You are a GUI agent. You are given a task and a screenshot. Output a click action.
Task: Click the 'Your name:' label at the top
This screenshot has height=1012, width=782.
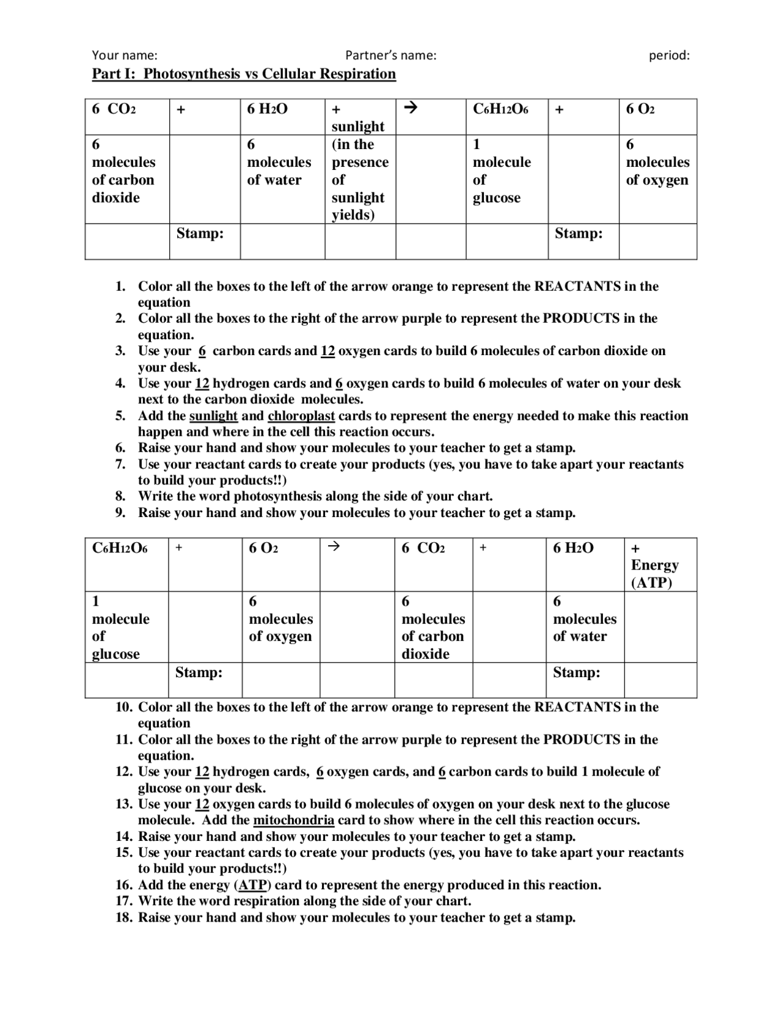pos(125,56)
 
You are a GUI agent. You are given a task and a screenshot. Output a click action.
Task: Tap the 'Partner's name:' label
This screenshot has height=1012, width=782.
pos(390,56)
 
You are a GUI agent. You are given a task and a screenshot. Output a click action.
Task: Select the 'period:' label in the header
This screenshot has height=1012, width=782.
pos(669,56)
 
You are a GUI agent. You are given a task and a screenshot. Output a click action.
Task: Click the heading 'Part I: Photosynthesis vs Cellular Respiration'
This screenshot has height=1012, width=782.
pos(244,74)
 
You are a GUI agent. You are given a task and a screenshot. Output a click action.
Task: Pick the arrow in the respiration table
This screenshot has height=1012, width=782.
pos(333,547)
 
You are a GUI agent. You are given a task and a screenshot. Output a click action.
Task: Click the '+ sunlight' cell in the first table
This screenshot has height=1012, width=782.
pos(358,118)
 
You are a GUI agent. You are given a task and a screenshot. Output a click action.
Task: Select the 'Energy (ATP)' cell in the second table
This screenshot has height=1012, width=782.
pos(654,565)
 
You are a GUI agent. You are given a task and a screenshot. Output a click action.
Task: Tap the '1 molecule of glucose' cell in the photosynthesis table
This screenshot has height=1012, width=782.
pos(501,171)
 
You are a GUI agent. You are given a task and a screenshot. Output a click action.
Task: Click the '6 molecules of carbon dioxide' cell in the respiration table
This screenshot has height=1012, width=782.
pos(433,628)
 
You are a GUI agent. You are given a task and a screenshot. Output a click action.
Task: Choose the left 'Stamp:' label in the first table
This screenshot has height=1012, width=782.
pos(200,233)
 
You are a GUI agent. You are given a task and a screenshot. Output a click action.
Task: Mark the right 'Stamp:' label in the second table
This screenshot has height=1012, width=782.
pos(576,673)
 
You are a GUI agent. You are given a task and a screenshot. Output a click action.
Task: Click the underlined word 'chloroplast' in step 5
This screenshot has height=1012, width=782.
pos(301,416)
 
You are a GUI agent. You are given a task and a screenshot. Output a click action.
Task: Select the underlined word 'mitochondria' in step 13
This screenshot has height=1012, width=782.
pos(293,820)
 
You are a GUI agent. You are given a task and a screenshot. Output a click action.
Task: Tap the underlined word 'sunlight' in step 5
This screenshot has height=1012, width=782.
pos(213,416)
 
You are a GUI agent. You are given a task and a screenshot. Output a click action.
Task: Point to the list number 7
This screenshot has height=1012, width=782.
pos(120,464)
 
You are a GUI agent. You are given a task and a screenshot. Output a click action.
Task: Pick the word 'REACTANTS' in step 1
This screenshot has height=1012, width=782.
pos(577,287)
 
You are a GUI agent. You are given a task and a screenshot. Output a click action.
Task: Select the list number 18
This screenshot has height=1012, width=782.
pos(124,917)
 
